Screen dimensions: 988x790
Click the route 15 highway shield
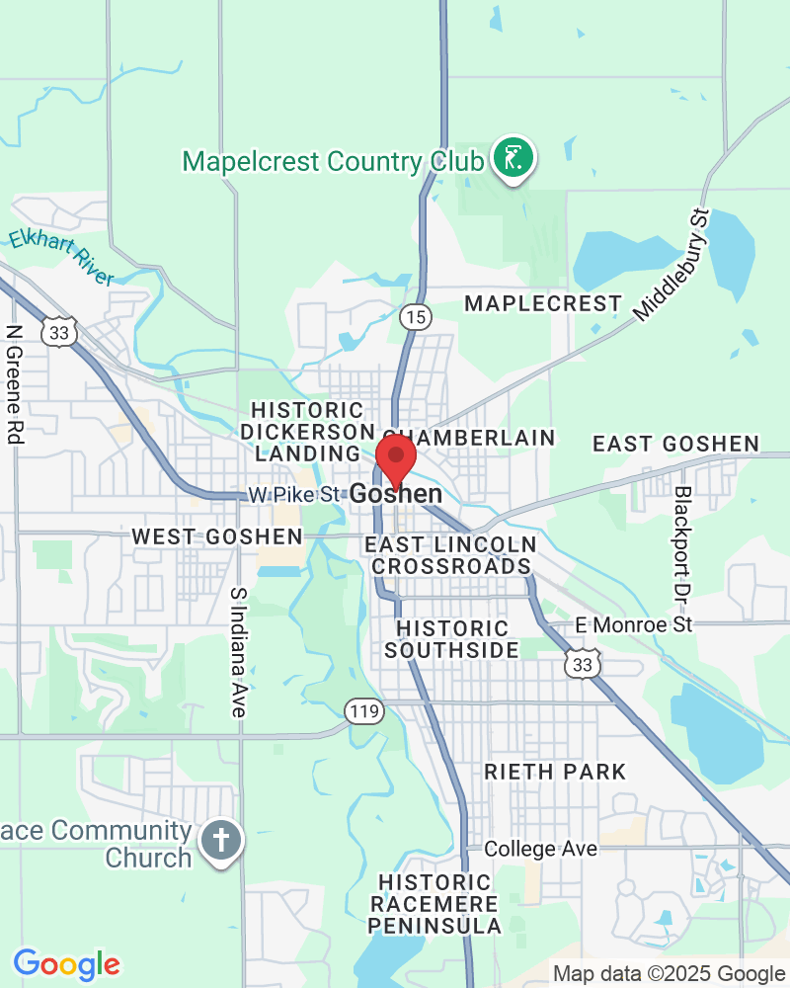416,316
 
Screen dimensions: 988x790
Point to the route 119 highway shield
363,709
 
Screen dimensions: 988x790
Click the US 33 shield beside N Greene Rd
60,333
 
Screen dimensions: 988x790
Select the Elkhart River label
61,256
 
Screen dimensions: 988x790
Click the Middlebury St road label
672,265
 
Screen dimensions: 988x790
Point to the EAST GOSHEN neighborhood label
675,445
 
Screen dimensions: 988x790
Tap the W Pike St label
293,493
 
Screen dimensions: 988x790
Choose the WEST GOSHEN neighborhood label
217,536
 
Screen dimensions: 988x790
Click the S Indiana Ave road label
238,652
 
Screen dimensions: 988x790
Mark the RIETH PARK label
555,772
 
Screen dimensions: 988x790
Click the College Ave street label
540,849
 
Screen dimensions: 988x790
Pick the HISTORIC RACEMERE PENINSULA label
434,904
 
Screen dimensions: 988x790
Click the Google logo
66,963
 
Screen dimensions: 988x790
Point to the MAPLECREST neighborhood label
543,303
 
